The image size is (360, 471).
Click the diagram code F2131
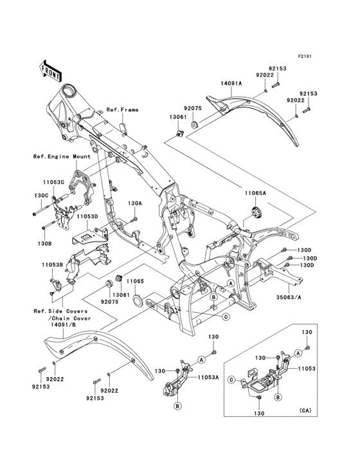(x=304, y=57)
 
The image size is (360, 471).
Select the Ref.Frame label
(x=122, y=110)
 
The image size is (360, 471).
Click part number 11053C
(x=53, y=183)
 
